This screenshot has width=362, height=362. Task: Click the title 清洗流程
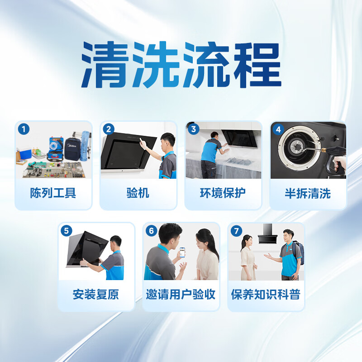[181, 66]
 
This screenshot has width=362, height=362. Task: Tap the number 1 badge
[24, 129]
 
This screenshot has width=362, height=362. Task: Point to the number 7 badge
[236, 231]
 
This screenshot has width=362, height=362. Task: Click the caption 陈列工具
[53, 194]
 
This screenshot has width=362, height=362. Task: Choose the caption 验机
[138, 194]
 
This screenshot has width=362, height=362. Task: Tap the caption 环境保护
[223, 194]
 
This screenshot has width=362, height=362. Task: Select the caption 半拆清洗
[308, 194]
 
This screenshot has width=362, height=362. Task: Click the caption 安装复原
[96, 295]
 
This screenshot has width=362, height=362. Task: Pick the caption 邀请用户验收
[181, 295]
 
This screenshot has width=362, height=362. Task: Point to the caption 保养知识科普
[266, 295]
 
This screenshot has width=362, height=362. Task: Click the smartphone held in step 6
[182, 252]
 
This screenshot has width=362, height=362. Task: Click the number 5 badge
[67, 231]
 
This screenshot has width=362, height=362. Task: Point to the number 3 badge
[194, 129]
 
